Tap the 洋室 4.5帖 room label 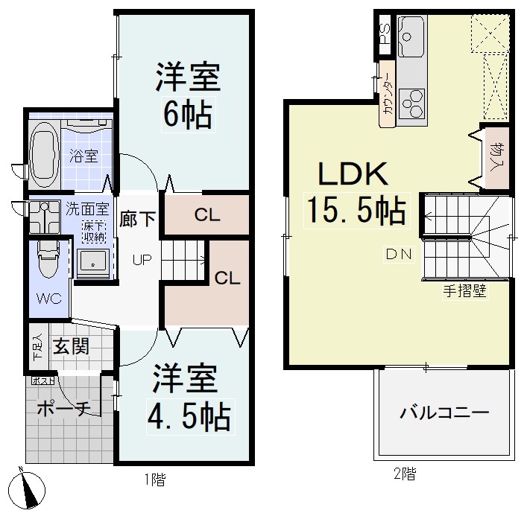click(x=186, y=398)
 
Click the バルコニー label click(x=443, y=412)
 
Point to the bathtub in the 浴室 click(x=45, y=150)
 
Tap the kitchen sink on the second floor click(x=411, y=34)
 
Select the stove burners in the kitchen click(x=411, y=101)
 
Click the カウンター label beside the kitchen click(x=387, y=95)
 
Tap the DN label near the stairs click(x=398, y=253)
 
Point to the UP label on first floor click(x=142, y=260)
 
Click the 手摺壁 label click(x=464, y=291)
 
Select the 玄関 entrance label click(x=72, y=346)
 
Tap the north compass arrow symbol click(x=28, y=491)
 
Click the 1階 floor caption click(x=154, y=480)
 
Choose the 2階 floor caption click(x=405, y=473)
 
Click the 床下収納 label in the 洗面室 click(x=93, y=229)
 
